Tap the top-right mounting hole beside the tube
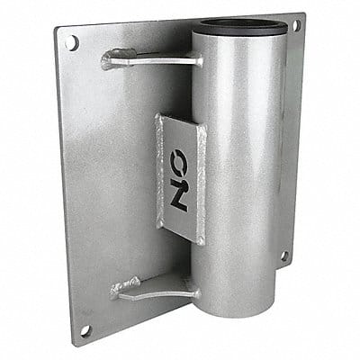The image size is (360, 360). [x=296, y=27]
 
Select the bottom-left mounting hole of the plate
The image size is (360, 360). [x=85, y=329]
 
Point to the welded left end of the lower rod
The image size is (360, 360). [x=117, y=289]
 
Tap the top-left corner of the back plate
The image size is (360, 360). [x=58, y=31]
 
